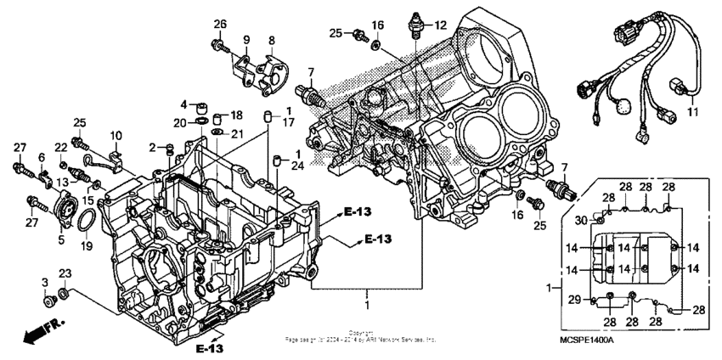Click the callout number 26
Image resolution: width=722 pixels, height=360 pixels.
[x=220, y=23]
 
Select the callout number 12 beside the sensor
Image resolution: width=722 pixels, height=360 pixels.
[x=440, y=25]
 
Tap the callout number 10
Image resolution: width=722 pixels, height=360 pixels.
[x=116, y=135]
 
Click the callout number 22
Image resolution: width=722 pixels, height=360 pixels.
[x=60, y=147]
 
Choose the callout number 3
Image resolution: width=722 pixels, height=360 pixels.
[x=45, y=281]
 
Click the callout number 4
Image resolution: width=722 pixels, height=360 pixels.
[x=183, y=104]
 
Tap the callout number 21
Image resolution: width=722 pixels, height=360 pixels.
[x=237, y=134]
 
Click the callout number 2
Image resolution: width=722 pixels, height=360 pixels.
[x=152, y=148]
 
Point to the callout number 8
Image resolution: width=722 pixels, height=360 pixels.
[x=272, y=40]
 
